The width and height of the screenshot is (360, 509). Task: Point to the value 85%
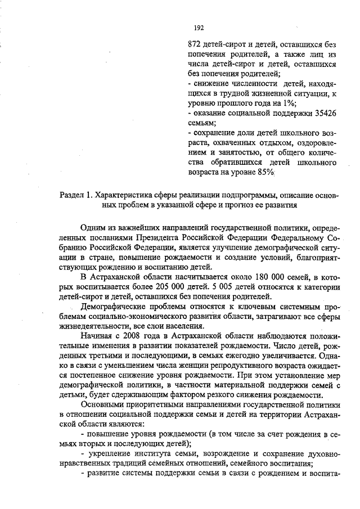[263, 172]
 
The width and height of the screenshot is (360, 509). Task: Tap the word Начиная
[96, 336]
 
